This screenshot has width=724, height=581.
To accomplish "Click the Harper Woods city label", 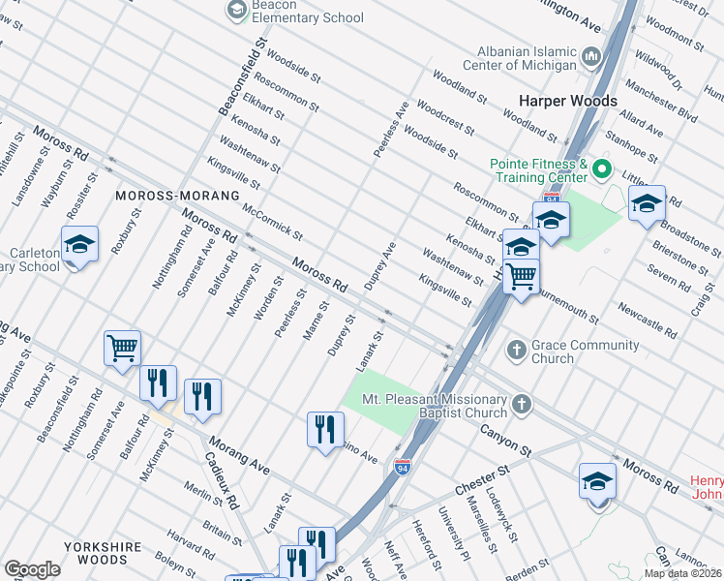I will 567,101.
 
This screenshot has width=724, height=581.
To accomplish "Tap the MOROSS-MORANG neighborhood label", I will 177,196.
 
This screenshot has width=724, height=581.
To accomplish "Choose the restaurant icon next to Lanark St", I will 325,428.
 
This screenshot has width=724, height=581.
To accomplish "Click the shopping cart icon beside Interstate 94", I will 522,278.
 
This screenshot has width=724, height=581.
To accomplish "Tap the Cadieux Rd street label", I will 222,484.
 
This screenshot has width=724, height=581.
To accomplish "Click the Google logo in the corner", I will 33,568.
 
